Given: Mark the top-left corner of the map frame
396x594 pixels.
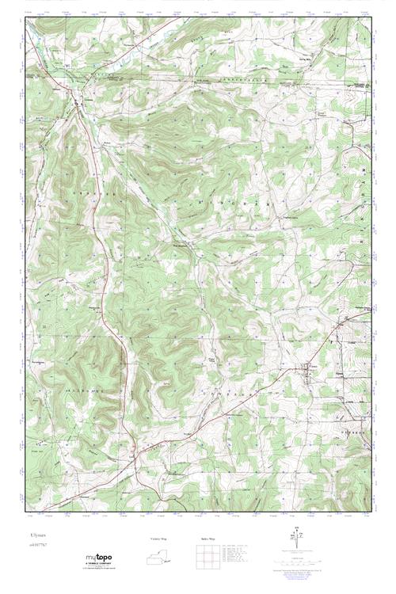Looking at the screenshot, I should click(25, 16).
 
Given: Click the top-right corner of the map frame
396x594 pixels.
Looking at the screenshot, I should click(371, 16).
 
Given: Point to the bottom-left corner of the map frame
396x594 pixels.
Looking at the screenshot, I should click(25, 505).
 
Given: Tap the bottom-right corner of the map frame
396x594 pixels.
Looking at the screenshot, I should click(371, 505).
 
